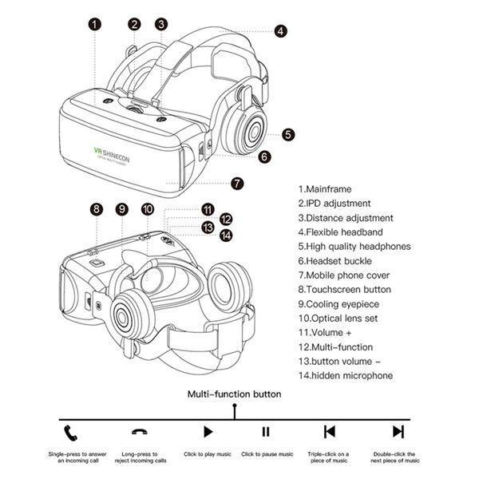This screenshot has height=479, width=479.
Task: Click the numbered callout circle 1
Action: click(95, 24)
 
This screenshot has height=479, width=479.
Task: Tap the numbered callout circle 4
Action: click(280, 31)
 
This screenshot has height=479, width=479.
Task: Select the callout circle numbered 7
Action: click(237, 183)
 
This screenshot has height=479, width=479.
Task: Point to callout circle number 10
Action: click(148, 209)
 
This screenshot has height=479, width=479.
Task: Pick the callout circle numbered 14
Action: click(226, 236)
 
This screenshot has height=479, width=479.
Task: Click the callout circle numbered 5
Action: click(287, 135)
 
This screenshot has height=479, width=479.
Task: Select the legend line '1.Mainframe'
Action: click(325, 188)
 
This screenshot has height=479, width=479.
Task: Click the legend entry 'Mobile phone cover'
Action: click(349, 275)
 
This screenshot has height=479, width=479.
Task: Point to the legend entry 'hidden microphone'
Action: click(346, 375)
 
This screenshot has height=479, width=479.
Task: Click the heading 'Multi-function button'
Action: click(234, 394)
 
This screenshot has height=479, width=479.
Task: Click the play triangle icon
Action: click(208, 432)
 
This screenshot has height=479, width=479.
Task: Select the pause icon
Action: click(267, 432)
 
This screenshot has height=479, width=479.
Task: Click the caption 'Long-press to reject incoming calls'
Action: click(141, 457)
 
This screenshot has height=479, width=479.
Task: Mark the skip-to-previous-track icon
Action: click(329, 432)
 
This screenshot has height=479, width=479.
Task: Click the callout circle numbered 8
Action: click(97, 209)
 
